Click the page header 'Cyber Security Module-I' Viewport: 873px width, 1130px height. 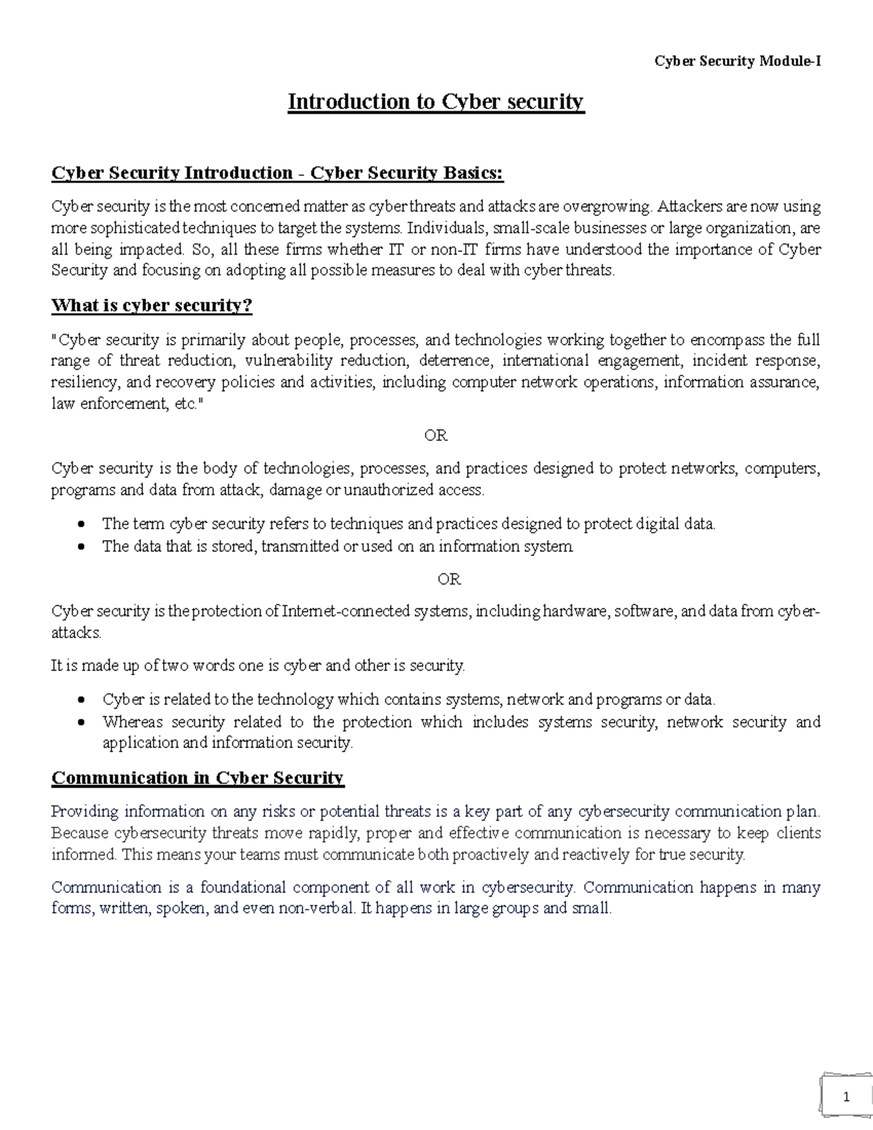point(738,61)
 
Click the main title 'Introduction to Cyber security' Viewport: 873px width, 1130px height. point(436,101)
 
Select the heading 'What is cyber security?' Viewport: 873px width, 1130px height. point(151,305)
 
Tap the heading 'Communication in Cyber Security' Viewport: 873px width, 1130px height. point(197,778)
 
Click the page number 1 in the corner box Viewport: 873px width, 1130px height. point(846,1098)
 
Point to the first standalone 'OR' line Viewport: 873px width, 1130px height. point(436,435)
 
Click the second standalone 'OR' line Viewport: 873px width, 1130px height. point(449,579)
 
